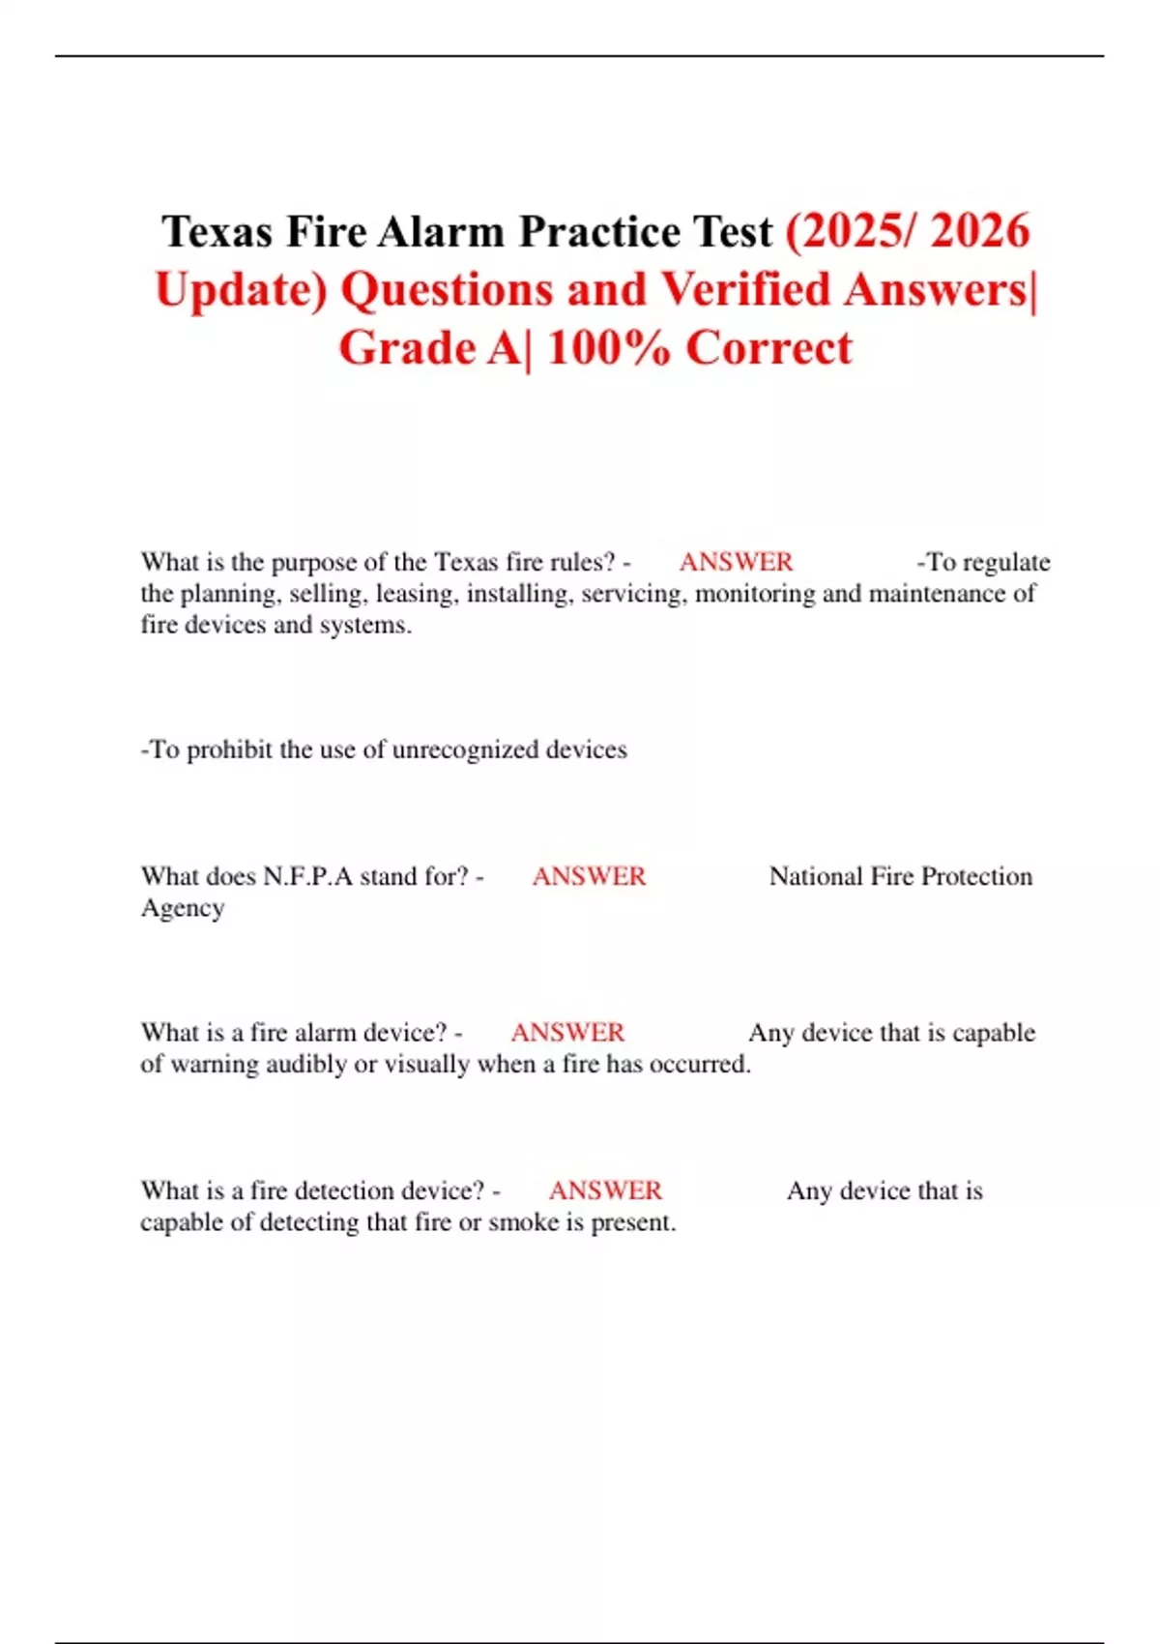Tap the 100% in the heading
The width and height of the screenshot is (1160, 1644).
point(608,348)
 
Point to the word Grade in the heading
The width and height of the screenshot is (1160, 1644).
point(407,348)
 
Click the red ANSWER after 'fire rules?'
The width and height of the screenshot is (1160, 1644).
point(736,562)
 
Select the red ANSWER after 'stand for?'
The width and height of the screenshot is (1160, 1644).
point(589,876)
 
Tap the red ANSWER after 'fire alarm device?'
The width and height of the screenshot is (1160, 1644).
point(567,1033)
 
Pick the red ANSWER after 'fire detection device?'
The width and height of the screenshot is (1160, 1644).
point(605,1190)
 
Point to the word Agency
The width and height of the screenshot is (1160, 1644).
point(183,908)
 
